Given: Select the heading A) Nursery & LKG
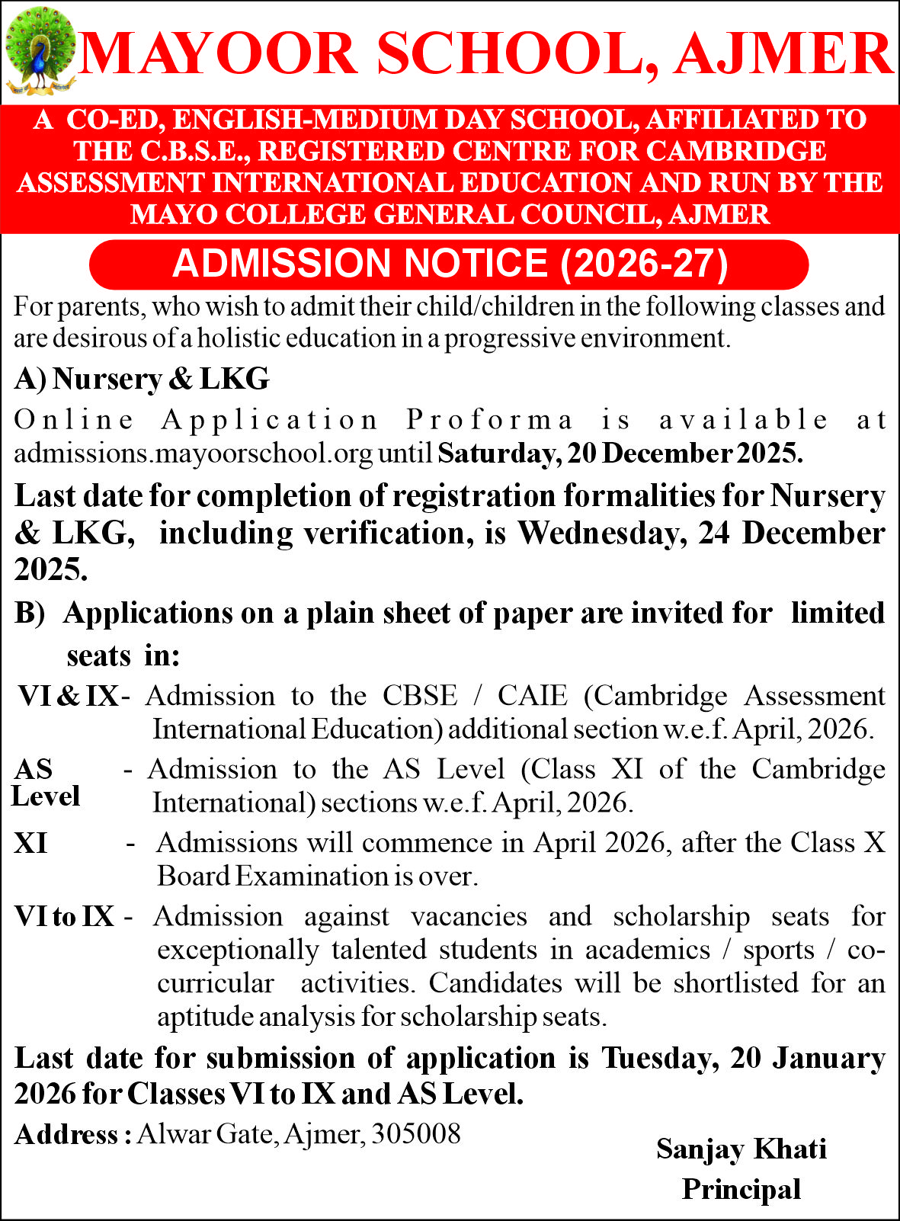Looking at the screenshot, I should [x=142, y=379].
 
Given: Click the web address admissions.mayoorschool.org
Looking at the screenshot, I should [x=194, y=453].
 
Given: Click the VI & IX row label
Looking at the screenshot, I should [x=69, y=696].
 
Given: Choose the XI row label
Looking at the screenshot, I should [x=30, y=844].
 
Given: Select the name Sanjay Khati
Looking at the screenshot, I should [x=741, y=1149].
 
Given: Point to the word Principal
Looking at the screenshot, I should [x=741, y=1189].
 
